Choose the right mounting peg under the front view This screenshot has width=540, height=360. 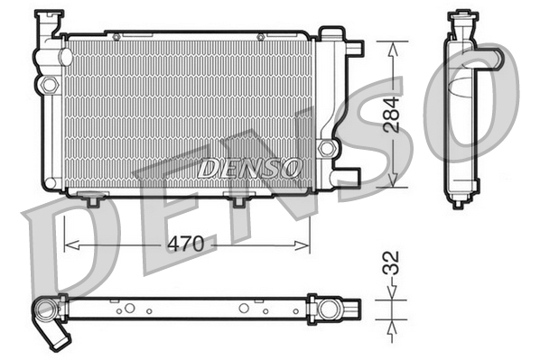239,199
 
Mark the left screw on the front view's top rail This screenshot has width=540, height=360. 116,36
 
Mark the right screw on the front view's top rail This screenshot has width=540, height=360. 261,36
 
